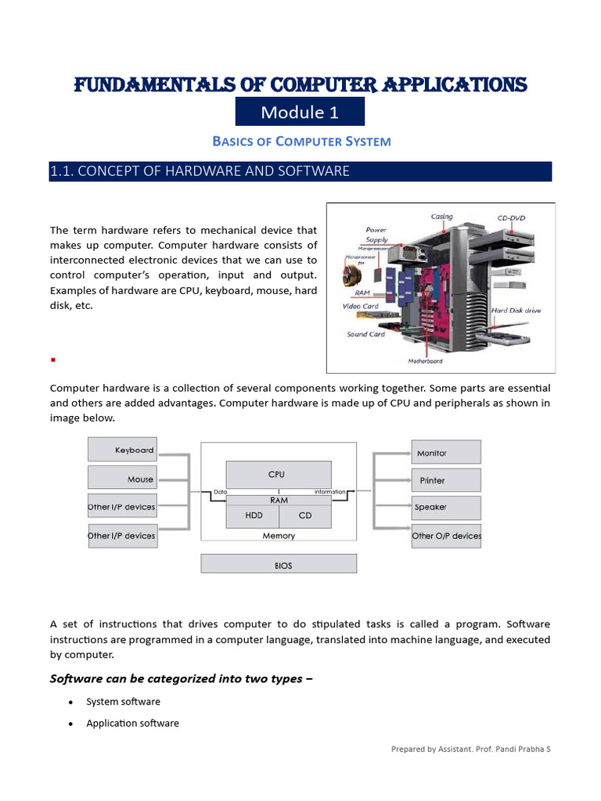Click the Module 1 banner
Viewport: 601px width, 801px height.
coord(300,113)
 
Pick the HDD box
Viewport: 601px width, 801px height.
coord(253,515)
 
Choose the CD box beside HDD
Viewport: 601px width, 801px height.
coord(304,515)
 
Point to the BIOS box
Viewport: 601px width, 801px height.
coord(279,564)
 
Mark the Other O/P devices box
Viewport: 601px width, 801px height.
coord(446,536)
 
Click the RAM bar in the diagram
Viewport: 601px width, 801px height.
coord(278,500)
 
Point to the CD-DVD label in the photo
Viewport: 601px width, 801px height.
coord(513,217)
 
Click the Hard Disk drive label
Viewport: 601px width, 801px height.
coord(516,311)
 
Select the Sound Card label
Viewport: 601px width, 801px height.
coord(365,334)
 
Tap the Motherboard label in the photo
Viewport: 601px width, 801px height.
coord(425,361)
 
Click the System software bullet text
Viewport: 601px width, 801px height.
coord(123,702)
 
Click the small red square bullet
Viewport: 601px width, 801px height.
coord(52,361)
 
